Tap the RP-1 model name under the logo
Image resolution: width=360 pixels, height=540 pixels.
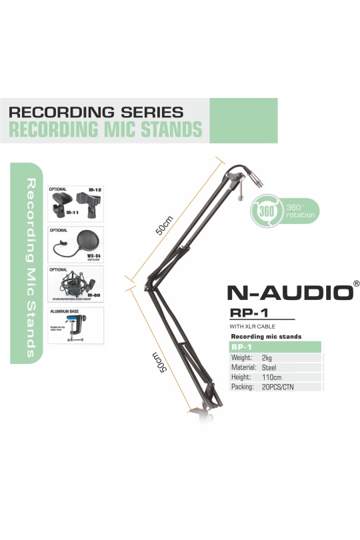click(x=244, y=312)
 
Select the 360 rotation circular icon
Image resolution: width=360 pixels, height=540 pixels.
click(x=264, y=211)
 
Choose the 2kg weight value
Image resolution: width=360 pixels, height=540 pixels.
click(x=269, y=358)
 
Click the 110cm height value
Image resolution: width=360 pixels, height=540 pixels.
click(x=273, y=377)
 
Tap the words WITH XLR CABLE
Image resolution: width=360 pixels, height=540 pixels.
click(x=252, y=327)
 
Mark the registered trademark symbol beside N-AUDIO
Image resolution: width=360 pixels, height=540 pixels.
click(x=356, y=283)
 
